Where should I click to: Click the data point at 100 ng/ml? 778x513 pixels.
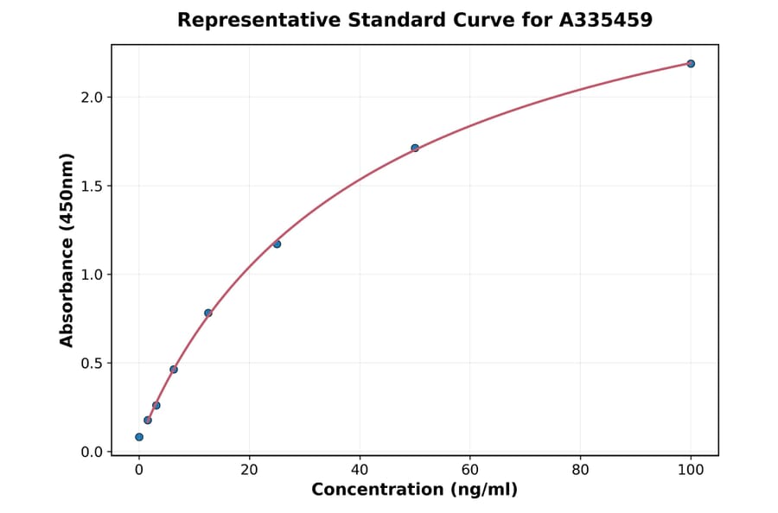pos(691,64)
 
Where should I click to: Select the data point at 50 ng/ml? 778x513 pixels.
pos(415,148)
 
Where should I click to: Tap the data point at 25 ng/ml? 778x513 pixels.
pos(277,244)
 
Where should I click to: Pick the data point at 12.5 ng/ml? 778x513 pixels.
pos(208,313)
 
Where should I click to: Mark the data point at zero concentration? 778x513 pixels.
pos(139,437)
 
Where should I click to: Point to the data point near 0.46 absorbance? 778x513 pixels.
pos(174,370)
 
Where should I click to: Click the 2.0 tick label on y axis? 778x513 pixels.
pos(92,98)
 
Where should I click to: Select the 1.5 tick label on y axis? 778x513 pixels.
pos(92,187)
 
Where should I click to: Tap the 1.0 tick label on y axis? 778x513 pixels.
pos(92,275)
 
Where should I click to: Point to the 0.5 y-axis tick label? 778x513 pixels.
pos(92,364)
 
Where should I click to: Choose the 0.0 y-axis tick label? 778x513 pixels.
pos(92,453)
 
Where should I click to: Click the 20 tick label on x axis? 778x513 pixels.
pos(250,470)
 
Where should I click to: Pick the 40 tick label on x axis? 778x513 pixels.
pos(360,470)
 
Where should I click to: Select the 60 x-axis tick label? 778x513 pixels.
pos(470,470)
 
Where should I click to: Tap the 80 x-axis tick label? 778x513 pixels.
pos(581,470)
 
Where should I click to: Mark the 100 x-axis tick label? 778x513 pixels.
pos(691,470)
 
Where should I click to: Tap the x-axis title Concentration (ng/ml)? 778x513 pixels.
pos(414,491)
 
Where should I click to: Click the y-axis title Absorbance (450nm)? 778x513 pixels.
pos(67,250)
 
